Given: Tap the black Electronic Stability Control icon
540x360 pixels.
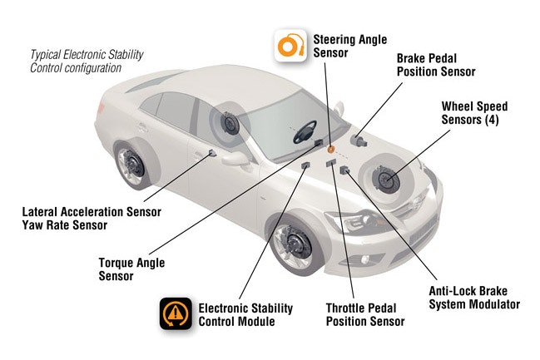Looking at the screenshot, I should point(176,314).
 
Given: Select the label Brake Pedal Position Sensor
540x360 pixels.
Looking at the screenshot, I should point(435,66).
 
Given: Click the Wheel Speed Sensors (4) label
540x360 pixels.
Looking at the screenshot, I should point(473,113).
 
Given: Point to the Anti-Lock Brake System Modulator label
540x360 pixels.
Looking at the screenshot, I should point(473,298).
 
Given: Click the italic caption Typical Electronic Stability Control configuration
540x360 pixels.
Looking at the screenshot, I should point(87,61).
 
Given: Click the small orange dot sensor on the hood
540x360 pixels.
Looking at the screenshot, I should point(330,149).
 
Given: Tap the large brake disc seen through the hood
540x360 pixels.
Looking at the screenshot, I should point(387,178).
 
